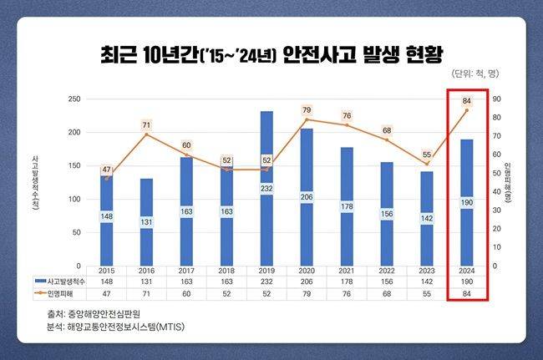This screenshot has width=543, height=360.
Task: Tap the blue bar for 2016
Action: (146, 221)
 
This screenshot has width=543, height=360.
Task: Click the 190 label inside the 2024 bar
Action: (467, 202)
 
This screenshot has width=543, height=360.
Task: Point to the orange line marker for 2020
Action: (307, 119)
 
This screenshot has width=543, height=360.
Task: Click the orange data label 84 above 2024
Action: (467, 101)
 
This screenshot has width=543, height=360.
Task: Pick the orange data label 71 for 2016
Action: (146, 124)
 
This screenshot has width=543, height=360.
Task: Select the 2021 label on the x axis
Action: (347, 271)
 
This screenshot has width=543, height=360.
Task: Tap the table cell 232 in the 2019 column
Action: (266, 281)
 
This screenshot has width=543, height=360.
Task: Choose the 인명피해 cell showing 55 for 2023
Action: (427, 293)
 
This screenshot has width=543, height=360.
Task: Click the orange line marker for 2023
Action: (427, 164)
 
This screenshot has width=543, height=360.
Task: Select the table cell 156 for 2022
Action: (387, 281)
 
